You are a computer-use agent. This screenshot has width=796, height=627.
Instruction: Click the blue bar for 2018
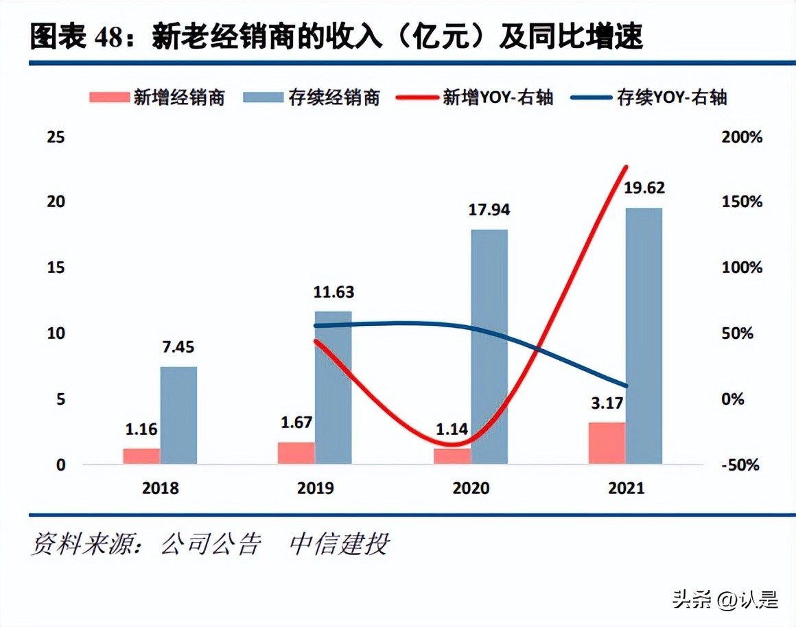[x=178, y=415]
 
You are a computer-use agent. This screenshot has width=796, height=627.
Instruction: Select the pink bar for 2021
[x=607, y=443]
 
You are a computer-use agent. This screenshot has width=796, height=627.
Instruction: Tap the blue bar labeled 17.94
[x=489, y=346]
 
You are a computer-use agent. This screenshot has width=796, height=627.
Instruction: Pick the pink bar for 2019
[x=296, y=453]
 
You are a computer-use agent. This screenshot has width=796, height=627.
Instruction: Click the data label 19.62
[x=644, y=188]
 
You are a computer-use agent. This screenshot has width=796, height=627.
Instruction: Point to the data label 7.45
[x=178, y=347]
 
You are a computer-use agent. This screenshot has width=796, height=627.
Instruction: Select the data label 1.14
[x=452, y=429]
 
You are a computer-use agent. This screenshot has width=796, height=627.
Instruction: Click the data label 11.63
[x=333, y=292]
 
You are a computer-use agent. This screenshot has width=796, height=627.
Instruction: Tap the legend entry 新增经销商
[x=157, y=97]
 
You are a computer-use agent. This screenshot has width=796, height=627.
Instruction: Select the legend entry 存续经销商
[x=312, y=97]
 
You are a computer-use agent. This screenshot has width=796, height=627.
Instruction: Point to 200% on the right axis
[x=742, y=137]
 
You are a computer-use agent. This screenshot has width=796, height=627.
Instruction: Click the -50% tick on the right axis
[x=742, y=465]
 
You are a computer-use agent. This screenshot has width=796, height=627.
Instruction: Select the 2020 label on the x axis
[x=471, y=488]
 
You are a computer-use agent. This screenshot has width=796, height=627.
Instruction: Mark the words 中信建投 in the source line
[x=340, y=544]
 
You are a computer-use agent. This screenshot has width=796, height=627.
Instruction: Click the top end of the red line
[x=625, y=167]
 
